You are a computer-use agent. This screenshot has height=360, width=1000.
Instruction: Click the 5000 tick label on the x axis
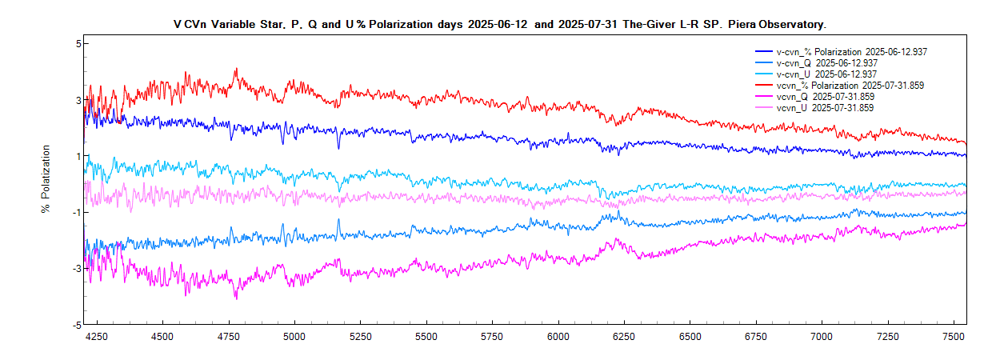tap(294, 338)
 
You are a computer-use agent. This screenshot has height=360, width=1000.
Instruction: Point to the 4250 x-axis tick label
tap(97, 338)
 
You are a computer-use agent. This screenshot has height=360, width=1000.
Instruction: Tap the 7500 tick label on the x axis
tap(954, 338)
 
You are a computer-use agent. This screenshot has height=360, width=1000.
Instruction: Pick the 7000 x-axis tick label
tap(822, 338)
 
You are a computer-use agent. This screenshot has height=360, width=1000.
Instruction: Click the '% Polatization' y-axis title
tap(46, 179)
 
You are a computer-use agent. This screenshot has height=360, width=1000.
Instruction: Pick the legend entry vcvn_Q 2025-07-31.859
tap(825, 97)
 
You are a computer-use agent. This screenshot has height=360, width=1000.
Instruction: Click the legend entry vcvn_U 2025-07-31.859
tap(825, 108)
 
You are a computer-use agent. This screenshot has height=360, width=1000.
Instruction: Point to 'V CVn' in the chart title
tap(190, 25)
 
